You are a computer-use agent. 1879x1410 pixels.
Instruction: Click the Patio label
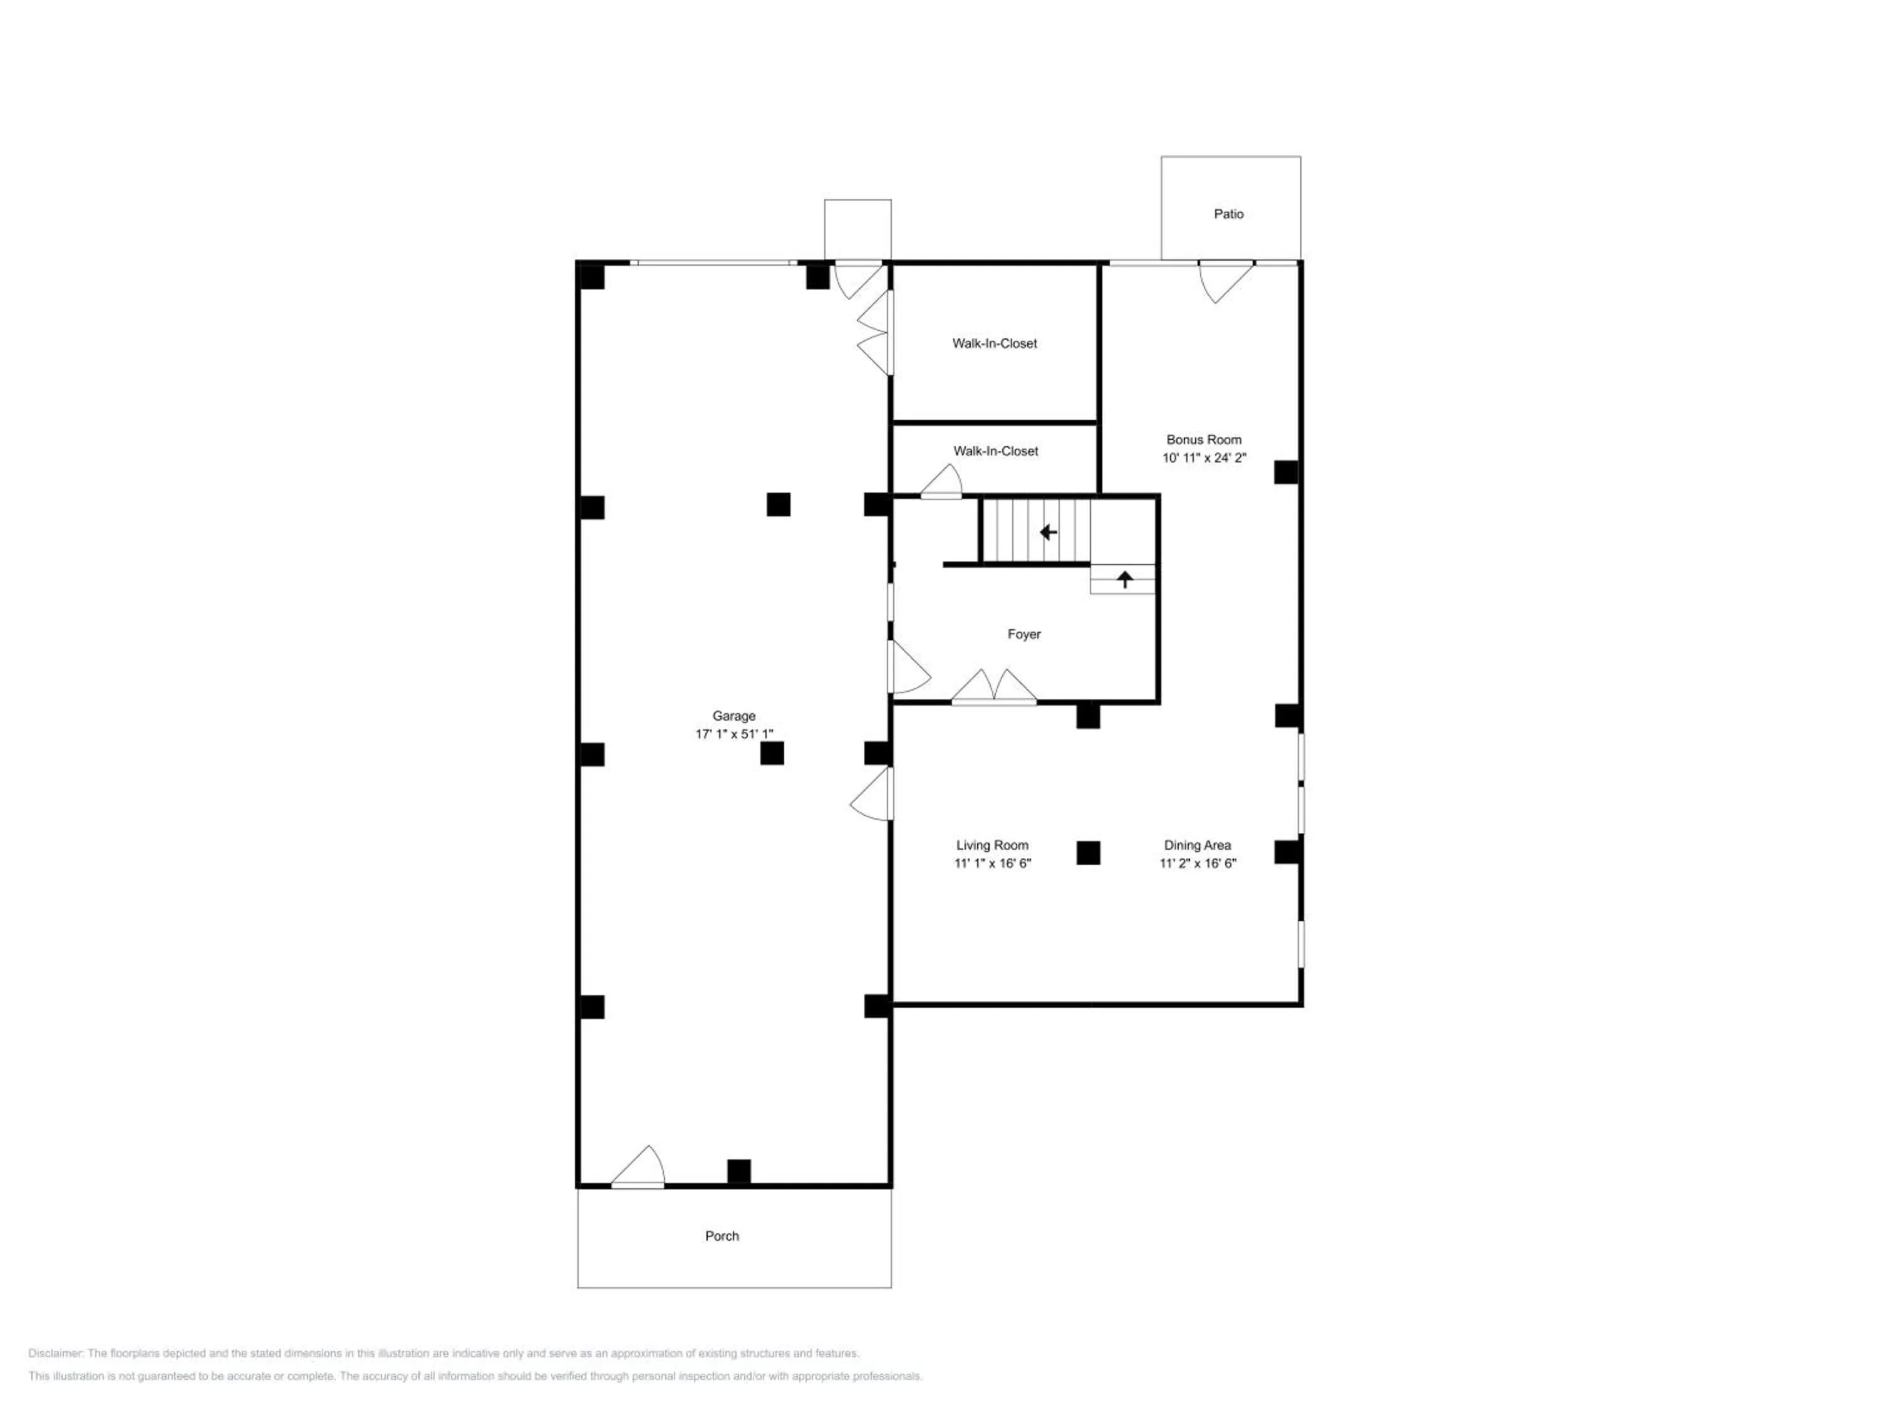[x=1228, y=214]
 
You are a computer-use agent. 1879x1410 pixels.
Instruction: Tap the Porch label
[x=722, y=1236]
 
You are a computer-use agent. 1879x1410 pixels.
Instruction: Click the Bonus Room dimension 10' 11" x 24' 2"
[x=1204, y=458]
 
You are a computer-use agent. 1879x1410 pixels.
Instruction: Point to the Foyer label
[x=1023, y=634]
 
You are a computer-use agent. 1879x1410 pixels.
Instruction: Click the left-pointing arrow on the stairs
[x=1048, y=533]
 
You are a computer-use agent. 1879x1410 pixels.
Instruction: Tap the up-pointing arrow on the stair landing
[x=1125, y=580]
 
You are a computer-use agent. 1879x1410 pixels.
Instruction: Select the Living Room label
[x=992, y=845]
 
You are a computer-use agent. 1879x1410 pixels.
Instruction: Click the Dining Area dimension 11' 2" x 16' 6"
[x=1198, y=864]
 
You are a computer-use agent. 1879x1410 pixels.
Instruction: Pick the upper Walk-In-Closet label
[x=995, y=343]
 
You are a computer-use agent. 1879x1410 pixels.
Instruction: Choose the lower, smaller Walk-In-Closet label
[x=996, y=451]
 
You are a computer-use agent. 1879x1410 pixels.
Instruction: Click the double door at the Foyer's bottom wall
[x=994, y=687]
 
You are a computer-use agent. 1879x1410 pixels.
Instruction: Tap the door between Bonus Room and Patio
[x=1226, y=281]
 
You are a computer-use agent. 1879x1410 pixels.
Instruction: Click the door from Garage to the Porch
[x=638, y=1167]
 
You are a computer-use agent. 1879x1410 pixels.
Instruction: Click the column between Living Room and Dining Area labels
[x=1088, y=852]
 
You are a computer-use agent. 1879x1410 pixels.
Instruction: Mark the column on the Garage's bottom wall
[x=739, y=1171]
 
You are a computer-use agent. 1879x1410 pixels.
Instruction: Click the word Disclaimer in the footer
[x=55, y=1353]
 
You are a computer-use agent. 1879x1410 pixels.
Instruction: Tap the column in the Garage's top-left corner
[x=591, y=276]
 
